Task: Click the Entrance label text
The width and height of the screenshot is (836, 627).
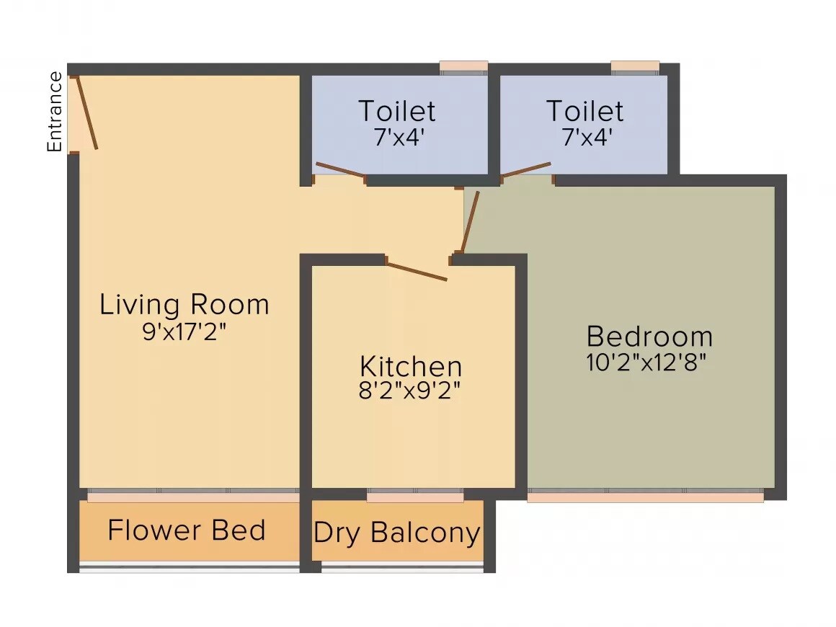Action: point(54,112)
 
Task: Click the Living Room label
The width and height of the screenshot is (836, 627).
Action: point(184,304)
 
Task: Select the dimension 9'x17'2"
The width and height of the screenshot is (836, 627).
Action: point(184,333)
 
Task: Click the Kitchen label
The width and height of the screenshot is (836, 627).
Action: point(411,366)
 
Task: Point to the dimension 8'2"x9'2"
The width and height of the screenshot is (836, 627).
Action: point(411,391)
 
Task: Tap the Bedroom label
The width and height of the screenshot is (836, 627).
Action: point(649,337)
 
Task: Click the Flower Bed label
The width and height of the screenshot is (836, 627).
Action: point(187,530)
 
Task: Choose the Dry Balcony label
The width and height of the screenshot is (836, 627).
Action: point(397,533)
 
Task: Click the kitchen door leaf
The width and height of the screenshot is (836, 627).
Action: point(417,271)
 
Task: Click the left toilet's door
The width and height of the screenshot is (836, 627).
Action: point(340,169)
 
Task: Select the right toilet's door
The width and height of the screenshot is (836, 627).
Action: point(526,169)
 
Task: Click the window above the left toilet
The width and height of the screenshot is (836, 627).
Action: point(464,67)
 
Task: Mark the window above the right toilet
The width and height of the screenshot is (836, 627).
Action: point(635,67)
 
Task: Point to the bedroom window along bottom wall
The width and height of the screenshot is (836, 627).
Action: point(645,497)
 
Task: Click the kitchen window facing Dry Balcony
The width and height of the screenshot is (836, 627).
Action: point(415,497)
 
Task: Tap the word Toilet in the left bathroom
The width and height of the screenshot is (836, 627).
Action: point(397,112)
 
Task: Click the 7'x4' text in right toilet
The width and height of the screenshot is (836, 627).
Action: point(584,137)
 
